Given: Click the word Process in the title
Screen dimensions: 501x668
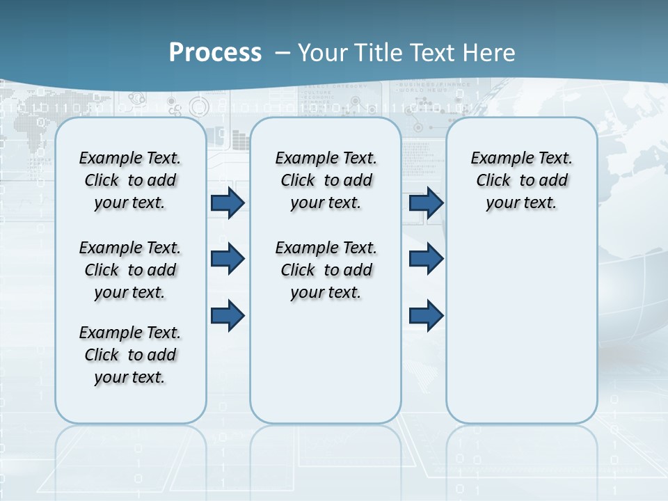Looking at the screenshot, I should [x=215, y=53].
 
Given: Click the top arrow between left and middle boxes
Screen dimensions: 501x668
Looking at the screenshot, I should [x=228, y=202].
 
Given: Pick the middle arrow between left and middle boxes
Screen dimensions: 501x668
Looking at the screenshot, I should [x=228, y=259].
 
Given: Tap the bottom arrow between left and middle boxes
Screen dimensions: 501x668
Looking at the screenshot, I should [x=228, y=316].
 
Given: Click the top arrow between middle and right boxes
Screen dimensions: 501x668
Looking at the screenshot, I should [x=426, y=202].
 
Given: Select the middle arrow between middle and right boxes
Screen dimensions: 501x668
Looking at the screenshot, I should [x=426, y=259].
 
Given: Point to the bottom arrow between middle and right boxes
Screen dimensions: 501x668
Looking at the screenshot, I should [x=426, y=316].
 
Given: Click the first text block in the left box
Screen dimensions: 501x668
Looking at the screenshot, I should [x=130, y=180].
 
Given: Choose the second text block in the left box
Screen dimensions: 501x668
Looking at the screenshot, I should [x=130, y=270].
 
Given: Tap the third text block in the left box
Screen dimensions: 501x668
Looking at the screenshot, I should [x=130, y=355].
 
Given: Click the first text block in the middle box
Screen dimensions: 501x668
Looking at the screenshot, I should [x=326, y=180].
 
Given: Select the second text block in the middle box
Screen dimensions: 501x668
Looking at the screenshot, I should [x=326, y=270].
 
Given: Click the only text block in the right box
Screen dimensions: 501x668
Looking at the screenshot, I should [x=522, y=180].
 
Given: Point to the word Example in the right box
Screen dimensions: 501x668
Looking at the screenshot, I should [x=498, y=159].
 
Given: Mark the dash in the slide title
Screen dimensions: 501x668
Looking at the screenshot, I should [x=283, y=53].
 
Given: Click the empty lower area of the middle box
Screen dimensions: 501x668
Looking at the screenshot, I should [x=326, y=362].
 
